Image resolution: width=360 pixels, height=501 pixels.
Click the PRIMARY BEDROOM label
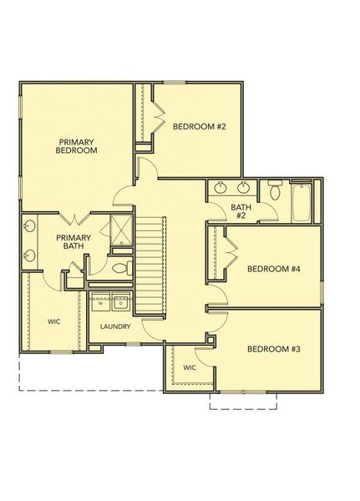[x=78, y=146]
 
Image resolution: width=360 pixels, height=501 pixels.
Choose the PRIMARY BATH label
[x=72, y=242]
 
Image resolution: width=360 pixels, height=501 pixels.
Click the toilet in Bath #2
[x=274, y=192]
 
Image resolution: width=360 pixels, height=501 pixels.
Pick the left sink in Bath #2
[x=221, y=186]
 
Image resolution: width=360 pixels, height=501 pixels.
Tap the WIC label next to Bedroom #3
[x=189, y=366]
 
